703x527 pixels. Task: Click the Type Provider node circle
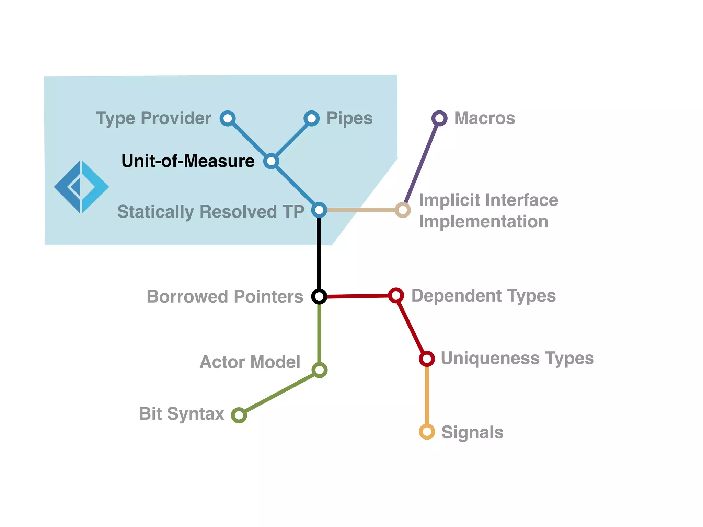pyautogui.click(x=228, y=118)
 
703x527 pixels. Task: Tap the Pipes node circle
pyautogui.click(x=311, y=118)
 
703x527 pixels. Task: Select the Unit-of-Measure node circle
pyautogui.click(x=271, y=161)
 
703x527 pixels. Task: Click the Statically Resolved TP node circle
pyautogui.click(x=319, y=210)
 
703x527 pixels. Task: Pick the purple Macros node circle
pyautogui.click(x=439, y=118)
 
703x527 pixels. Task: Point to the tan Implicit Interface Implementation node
pyautogui.click(x=403, y=210)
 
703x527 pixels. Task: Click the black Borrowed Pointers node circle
pyautogui.click(x=319, y=296)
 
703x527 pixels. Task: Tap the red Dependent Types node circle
pyautogui.click(x=396, y=295)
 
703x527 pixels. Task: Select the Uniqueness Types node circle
pyautogui.click(x=427, y=359)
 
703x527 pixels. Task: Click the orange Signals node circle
pyautogui.click(x=427, y=432)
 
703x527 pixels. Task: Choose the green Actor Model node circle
pyautogui.click(x=320, y=370)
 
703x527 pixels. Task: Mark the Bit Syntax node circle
pyautogui.click(x=239, y=415)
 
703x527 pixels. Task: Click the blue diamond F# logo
pyautogui.click(x=81, y=187)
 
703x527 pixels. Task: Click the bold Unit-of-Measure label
pyautogui.click(x=188, y=161)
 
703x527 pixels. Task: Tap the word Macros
pyautogui.click(x=484, y=118)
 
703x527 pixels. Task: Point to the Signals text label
pyautogui.click(x=472, y=432)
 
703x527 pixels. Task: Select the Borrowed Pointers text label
pyautogui.click(x=225, y=296)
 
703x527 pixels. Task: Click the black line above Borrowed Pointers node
pyautogui.click(x=319, y=254)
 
